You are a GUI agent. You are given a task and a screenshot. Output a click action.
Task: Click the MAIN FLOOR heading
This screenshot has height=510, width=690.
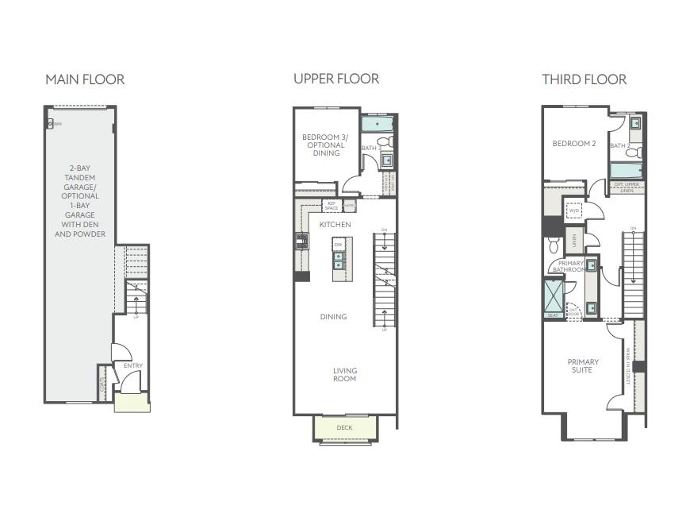pyautogui.click(x=85, y=79)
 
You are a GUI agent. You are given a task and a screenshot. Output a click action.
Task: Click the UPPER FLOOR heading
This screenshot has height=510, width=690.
pyautogui.click(x=336, y=79)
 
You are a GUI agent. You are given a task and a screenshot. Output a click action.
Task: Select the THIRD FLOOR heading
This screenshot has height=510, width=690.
pyautogui.click(x=585, y=79)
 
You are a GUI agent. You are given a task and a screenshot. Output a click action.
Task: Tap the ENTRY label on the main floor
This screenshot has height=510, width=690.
pyautogui.click(x=133, y=365)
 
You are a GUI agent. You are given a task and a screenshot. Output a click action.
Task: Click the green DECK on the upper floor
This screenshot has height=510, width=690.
pyautogui.click(x=344, y=427)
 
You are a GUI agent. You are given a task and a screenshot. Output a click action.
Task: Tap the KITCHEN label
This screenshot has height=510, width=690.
pyautogui.click(x=335, y=225)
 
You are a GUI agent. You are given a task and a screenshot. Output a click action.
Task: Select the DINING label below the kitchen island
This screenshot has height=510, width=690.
pyautogui.click(x=333, y=317)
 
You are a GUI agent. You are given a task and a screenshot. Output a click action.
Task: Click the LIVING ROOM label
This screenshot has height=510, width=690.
pyautogui.click(x=344, y=374)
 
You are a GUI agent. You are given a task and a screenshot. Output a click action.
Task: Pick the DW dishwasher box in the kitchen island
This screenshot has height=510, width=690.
pyautogui.click(x=338, y=245)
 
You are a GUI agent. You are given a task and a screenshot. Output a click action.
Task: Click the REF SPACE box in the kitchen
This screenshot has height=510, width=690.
pyautogui.click(x=332, y=206)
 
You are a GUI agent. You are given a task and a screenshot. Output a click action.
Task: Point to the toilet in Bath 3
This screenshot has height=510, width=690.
pyautogui.click(x=385, y=142)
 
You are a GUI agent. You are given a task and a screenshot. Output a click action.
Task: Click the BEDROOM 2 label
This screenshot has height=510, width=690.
pyautogui.click(x=574, y=144)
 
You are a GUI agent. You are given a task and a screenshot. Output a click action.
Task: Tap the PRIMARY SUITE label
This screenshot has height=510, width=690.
pyautogui.click(x=583, y=365)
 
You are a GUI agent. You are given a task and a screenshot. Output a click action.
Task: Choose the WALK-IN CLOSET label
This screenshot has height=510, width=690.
pyautogui.click(x=627, y=366)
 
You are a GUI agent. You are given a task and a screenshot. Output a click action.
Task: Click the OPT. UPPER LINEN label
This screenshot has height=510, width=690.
pyautogui.click(x=627, y=187)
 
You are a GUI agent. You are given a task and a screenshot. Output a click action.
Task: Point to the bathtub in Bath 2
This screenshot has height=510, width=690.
pyautogui.click(x=627, y=169)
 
